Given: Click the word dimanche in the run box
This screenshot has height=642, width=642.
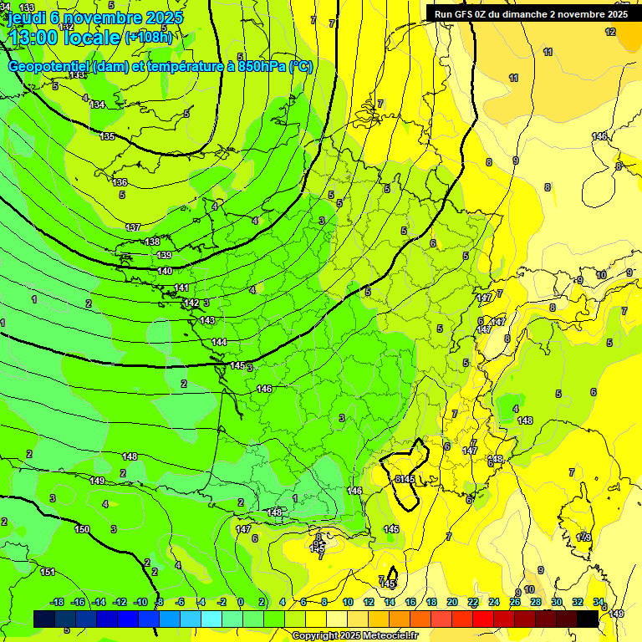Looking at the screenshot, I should click(x=525, y=13).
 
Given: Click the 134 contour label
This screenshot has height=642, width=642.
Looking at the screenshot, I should click(x=98, y=104).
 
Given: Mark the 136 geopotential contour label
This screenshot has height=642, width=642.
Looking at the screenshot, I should click(x=120, y=182).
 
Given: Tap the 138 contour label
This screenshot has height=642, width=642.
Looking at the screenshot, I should click(x=152, y=242).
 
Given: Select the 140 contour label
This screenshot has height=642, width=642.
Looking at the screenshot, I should click(x=165, y=271).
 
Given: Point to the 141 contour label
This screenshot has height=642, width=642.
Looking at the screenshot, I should click(x=181, y=288).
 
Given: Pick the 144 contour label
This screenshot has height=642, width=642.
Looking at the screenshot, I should click(x=219, y=342).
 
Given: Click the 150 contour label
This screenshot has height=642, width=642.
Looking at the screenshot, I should click(x=82, y=529).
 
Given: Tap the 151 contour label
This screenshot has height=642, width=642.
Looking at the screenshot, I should click(x=48, y=572).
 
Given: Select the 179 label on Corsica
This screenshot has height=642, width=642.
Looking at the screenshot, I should click(x=583, y=537).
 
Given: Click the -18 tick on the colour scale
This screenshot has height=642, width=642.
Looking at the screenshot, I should click(x=58, y=602).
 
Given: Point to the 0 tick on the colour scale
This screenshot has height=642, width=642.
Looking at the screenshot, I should click(x=240, y=602).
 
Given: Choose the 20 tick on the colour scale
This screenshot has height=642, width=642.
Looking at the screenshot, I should click(x=452, y=602).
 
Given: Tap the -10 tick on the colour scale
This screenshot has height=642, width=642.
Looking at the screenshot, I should click(x=140, y=602).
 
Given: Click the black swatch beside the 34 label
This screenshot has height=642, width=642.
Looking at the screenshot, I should click(x=588, y=619).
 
